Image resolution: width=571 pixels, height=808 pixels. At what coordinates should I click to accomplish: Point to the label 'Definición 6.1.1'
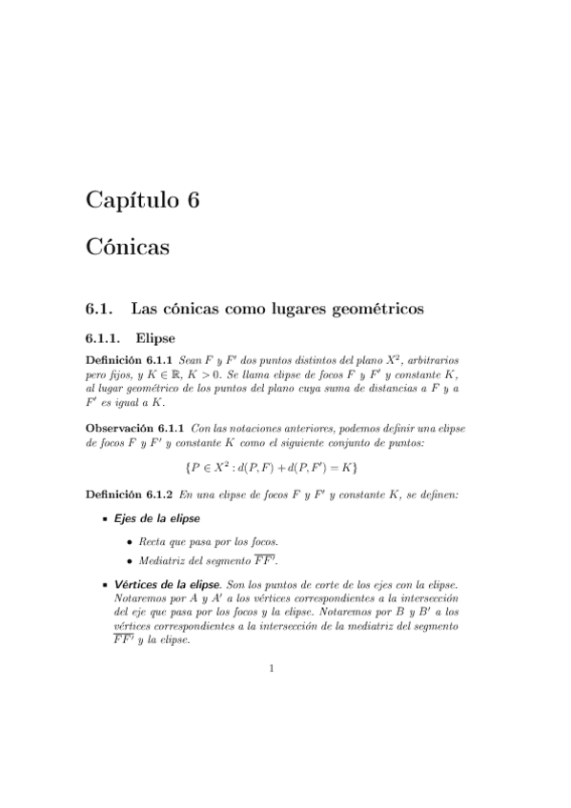(130, 362)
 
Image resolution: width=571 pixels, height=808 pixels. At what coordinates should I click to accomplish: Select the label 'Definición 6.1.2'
(130, 495)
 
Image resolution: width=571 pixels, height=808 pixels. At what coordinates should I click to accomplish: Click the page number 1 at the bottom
(272, 669)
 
